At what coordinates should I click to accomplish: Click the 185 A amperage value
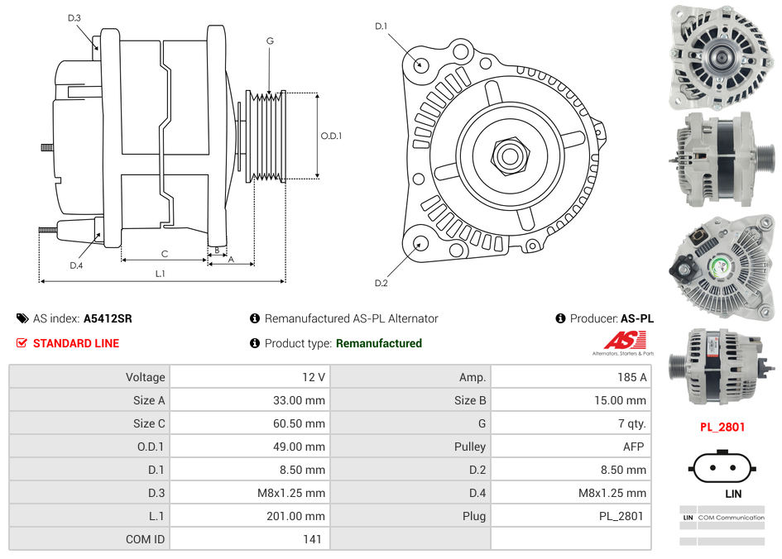click(631, 377)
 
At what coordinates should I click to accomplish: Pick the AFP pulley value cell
click(633, 447)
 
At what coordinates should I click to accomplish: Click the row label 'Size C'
click(149, 423)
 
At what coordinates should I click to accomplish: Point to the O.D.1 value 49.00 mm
click(302, 447)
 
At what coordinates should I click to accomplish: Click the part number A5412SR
click(108, 318)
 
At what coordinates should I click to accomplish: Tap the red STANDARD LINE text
click(76, 343)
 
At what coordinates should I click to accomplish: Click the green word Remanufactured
click(378, 343)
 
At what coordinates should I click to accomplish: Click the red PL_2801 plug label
click(722, 428)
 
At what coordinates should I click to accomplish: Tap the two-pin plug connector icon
click(722, 468)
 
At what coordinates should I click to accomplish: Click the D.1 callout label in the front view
click(381, 26)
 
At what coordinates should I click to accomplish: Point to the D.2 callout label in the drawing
click(381, 284)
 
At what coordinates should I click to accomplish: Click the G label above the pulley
click(270, 41)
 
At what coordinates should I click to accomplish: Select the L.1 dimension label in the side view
click(161, 274)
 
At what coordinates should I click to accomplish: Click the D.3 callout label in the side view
click(74, 18)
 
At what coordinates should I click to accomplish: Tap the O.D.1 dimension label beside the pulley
click(331, 136)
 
